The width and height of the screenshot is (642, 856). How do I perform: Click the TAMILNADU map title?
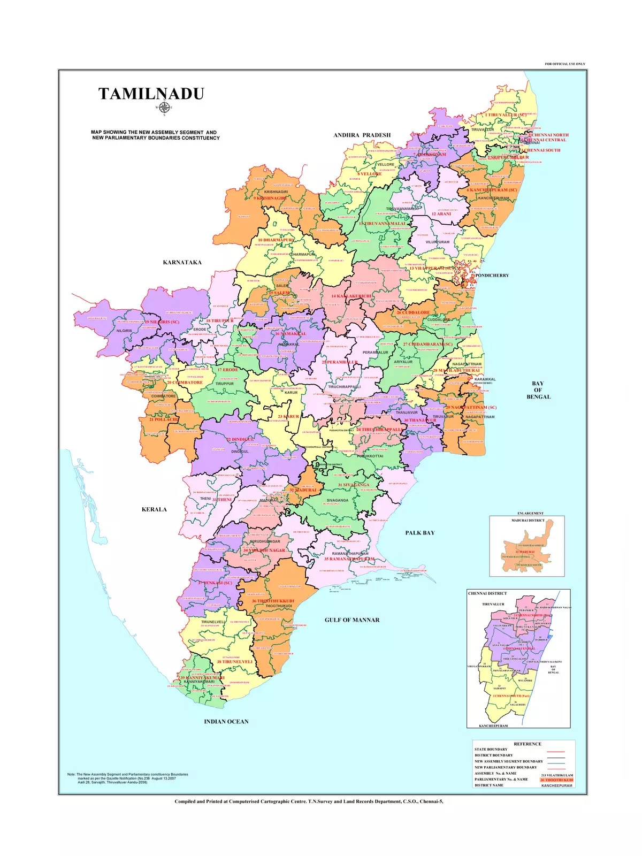pos(151,94)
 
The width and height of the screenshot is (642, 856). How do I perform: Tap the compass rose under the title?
pos(164,108)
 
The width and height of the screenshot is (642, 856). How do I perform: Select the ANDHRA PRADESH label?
pos(362,135)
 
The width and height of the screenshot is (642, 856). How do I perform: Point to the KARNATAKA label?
pos(182,263)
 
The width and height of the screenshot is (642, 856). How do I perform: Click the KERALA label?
pos(154,510)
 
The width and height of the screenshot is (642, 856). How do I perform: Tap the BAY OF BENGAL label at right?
pos(538,390)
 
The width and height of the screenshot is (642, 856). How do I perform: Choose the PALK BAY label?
pos(420,533)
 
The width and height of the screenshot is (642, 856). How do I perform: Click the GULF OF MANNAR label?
pos(352,620)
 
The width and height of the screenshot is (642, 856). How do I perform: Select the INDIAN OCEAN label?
pos(226,722)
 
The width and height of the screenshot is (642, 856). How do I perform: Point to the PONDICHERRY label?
pos(492,276)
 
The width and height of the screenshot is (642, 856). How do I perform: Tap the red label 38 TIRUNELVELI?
pos(234,662)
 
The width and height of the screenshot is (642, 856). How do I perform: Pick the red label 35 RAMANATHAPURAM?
pos(349,559)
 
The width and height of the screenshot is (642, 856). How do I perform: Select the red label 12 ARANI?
pos(441,214)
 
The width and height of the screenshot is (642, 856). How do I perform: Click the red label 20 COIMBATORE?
pos(185,383)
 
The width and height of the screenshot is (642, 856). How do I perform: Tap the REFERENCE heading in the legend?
pos(528,744)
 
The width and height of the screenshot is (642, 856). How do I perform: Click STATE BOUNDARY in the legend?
pos(491,750)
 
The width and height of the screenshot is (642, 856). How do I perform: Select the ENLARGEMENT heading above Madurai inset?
pos(530,514)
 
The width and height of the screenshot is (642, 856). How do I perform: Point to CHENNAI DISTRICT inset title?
pos(487,593)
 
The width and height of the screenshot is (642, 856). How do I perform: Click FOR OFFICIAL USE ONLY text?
pos(565,64)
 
